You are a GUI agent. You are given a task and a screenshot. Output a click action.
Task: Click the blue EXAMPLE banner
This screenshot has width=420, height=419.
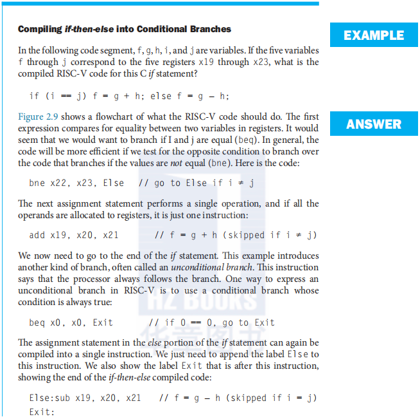374,35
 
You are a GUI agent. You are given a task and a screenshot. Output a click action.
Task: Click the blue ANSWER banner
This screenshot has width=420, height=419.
374,124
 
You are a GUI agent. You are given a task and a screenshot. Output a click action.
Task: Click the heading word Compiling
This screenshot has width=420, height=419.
40,29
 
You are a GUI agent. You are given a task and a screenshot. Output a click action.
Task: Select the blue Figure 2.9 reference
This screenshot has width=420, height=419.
40,116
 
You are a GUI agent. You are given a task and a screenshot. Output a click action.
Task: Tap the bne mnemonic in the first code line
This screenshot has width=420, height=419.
37,183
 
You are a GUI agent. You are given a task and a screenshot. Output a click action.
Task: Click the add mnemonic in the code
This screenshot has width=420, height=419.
37,235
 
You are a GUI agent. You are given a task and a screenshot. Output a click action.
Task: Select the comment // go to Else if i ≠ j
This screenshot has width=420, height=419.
197,183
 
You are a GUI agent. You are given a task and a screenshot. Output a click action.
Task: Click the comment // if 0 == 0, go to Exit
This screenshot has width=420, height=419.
211,322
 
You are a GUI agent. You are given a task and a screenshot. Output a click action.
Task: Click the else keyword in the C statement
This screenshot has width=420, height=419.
161,96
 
